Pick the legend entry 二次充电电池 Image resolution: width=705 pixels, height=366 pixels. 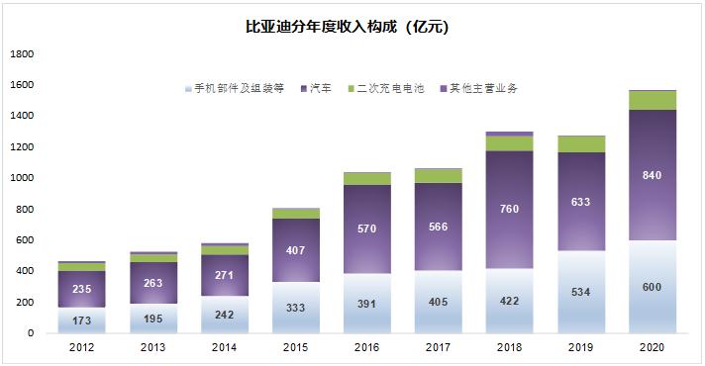pyautogui.click(x=390, y=88)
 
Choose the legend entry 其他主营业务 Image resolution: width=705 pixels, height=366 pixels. pyautogui.click(x=483, y=88)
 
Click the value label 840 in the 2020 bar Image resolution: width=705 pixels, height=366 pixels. pyautogui.click(x=651, y=176)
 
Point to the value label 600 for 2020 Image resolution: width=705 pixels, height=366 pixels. pyautogui.click(x=651, y=287)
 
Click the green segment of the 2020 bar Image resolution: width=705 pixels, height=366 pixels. pyautogui.click(x=651, y=100)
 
